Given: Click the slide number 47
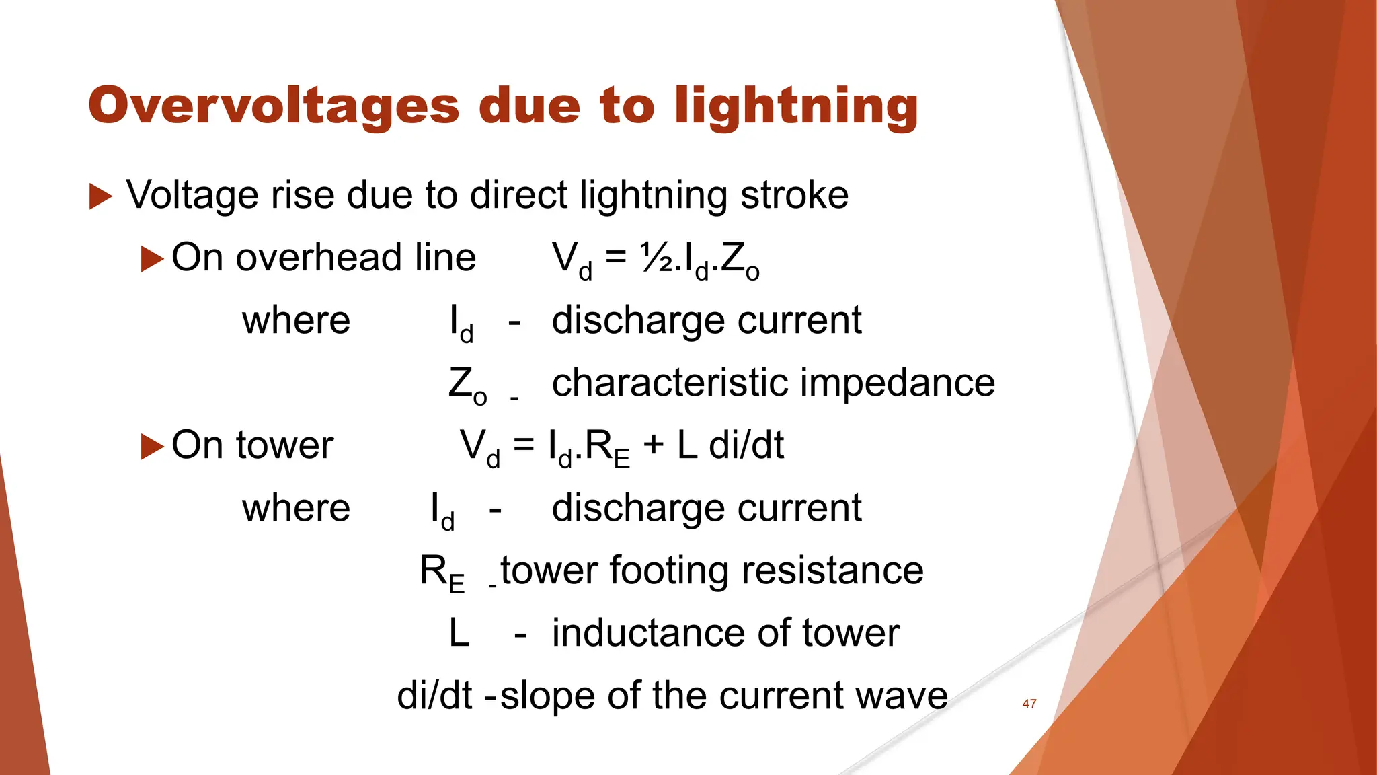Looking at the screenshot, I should point(1029,704).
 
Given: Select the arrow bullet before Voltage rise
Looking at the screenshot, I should point(100,196).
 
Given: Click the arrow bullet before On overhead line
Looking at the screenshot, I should point(152,259).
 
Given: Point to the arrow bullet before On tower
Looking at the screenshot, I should point(152,447).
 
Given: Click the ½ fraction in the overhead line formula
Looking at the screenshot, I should point(656,258).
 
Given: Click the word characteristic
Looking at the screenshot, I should point(670,383).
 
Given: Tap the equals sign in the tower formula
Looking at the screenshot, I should point(524,445).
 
